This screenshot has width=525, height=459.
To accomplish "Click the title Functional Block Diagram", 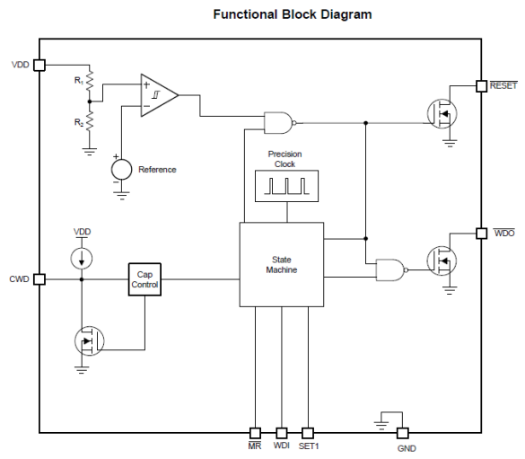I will click(x=279, y=14).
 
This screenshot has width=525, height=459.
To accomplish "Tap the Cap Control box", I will click(x=144, y=279).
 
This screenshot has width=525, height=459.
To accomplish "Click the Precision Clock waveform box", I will click(x=284, y=186).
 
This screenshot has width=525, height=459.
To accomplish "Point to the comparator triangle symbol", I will click(x=158, y=93).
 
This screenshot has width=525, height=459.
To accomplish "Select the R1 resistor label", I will click(x=78, y=80).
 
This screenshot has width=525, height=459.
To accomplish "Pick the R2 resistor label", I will click(x=78, y=120).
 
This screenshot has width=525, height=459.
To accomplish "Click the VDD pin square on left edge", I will click(x=39, y=66).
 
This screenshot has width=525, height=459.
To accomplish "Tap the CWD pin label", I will click(x=19, y=279).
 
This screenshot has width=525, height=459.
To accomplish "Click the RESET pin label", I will click(x=503, y=86).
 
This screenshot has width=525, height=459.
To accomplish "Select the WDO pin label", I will click(x=503, y=234).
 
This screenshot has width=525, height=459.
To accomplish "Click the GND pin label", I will click(x=407, y=448).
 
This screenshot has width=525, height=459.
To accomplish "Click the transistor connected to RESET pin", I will click(x=442, y=113).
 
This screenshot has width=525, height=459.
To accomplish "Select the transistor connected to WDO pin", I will click(x=442, y=261).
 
